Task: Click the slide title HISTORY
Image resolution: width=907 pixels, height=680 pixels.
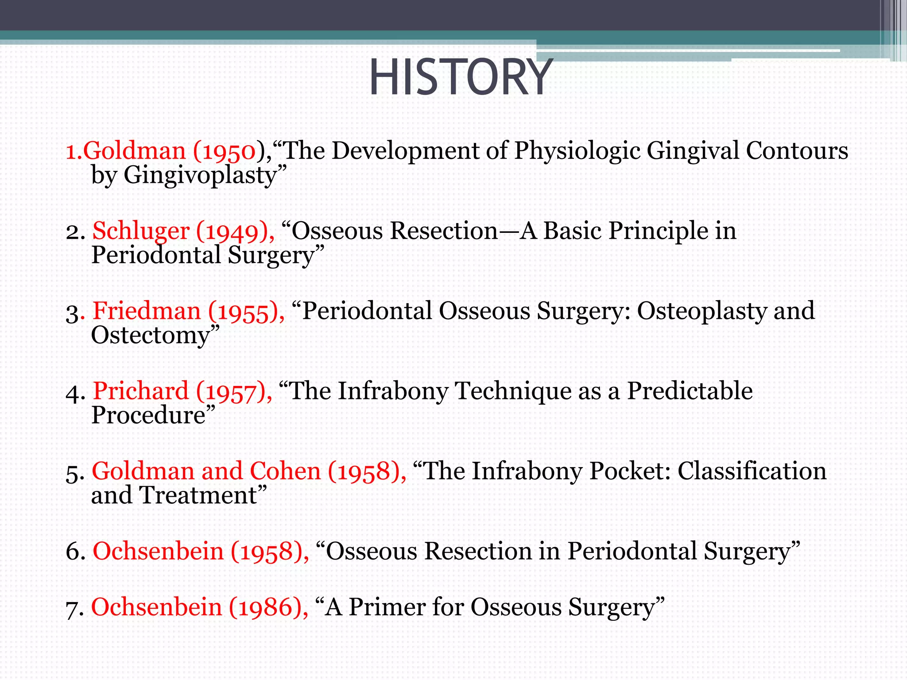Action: pos(461,78)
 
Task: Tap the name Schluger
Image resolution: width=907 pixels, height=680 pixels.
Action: pos(141,232)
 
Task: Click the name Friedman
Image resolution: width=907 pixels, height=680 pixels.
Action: pos(147,311)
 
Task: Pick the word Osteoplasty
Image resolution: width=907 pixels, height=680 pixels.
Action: pos(701,311)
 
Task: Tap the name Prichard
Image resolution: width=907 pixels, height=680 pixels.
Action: pos(141,391)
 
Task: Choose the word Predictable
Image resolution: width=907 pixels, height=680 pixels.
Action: pos(690,391)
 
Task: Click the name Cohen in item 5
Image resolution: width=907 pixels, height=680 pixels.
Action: pos(285,471)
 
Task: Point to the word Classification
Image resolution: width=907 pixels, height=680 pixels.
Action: pos(752,471)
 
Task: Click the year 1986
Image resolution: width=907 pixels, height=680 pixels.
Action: pos(265,607)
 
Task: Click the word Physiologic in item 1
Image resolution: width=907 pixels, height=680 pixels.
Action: pos(577,151)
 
